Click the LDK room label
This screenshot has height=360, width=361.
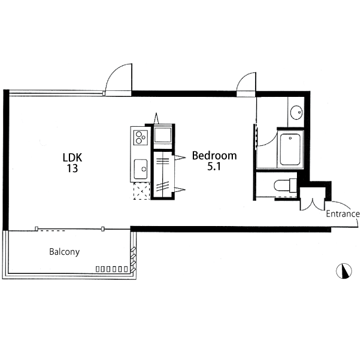pos(72,157)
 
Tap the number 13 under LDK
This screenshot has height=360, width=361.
pos(72,169)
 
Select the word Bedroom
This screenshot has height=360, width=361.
pos(214,155)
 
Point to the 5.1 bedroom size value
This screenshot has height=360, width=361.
pos(214,166)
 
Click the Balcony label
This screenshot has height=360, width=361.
pos(65,252)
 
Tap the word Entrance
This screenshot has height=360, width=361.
pos(343,213)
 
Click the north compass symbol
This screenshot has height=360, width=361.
pos(344,271)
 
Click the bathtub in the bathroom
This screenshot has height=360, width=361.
pos(290,149)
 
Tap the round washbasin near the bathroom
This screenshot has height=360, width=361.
pos(296,112)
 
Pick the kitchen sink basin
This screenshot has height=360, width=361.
pos(141,169)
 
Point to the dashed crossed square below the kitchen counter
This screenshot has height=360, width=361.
pos(142,191)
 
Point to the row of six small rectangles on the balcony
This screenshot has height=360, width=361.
pos(112,269)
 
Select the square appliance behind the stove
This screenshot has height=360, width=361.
pos(163,135)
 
